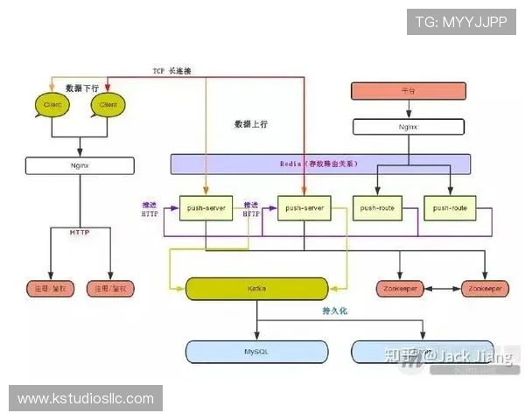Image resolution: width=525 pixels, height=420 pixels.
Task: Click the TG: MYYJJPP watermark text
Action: (461, 22)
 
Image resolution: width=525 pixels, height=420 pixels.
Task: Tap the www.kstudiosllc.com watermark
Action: (86, 399)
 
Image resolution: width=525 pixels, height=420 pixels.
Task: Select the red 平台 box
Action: (407, 90)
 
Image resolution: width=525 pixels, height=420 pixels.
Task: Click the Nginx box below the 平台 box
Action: (407, 126)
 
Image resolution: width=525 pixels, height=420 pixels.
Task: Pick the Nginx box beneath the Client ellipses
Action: (80, 163)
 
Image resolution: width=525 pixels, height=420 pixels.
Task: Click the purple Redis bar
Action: (320, 164)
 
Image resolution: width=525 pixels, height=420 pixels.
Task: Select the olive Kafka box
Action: (256, 288)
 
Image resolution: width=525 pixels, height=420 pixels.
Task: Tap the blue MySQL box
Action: (256, 351)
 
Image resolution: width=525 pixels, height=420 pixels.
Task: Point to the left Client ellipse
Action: (52, 105)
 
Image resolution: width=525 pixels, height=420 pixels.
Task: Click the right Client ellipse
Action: (108, 105)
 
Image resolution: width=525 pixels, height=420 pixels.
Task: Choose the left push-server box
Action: (206, 208)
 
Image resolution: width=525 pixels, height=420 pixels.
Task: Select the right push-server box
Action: (304, 208)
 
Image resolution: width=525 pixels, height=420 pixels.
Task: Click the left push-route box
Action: (377, 208)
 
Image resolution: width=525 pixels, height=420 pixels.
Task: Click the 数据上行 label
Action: (251, 124)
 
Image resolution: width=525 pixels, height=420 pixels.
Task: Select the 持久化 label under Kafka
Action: (336, 311)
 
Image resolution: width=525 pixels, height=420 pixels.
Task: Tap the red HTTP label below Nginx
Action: (80, 232)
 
